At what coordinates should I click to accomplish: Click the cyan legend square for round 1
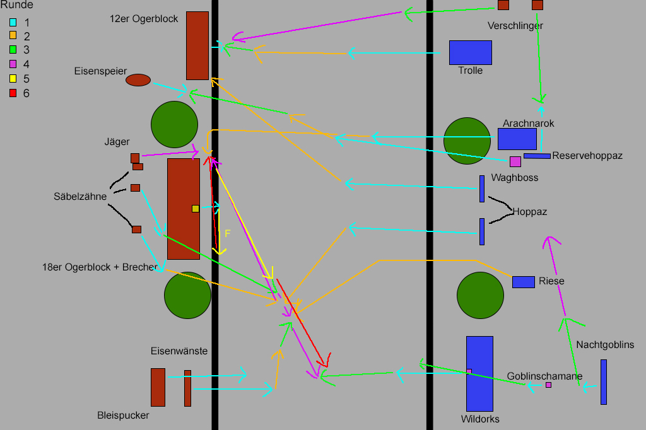coord(13,22)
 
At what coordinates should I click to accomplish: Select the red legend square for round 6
coord(13,93)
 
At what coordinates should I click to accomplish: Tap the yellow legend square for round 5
coord(13,79)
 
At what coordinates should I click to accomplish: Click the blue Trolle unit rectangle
coord(470,52)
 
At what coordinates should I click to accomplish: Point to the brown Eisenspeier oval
coord(138,80)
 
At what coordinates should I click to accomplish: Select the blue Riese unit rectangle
coord(524,282)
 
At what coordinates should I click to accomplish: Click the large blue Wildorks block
coord(479,373)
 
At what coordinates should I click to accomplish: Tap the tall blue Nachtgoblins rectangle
coord(604,381)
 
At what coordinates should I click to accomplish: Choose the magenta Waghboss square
coord(515,161)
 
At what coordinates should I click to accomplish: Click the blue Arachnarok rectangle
coord(517,139)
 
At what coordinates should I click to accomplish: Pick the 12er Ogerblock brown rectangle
coord(197,45)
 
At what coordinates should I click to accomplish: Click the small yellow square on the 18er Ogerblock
coord(196,209)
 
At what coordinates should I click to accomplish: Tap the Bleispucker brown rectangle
coord(158,387)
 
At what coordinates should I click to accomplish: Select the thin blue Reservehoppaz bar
coord(537,156)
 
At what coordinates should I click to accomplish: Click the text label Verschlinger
coord(515,26)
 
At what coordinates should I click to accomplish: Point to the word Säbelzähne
coord(80,197)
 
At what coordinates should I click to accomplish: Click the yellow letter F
coord(228,233)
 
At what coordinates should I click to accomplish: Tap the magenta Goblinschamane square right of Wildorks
coord(548,385)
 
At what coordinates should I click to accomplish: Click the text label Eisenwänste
coord(179,351)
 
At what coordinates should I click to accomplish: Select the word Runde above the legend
coord(16,5)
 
